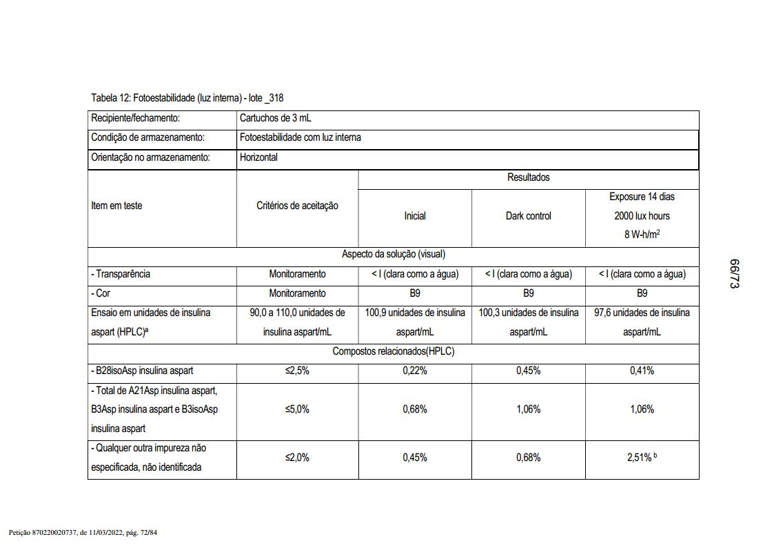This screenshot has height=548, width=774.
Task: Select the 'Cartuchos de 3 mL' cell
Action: pyautogui.click(x=275, y=118)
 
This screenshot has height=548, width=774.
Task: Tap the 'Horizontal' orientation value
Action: pyautogui.click(x=258, y=157)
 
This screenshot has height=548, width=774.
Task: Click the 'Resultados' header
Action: pyautogui.click(x=529, y=177)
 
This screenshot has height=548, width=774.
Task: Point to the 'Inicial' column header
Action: pyautogui.click(x=415, y=216)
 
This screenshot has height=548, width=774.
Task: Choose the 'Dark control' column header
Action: pyautogui.click(x=529, y=216)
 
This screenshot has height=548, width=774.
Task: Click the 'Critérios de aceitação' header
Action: pyautogui.click(x=297, y=206)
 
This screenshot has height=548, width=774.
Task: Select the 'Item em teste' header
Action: pyautogui.click(x=116, y=206)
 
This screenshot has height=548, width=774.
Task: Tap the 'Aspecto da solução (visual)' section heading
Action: pyautogui.click(x=394, y=254)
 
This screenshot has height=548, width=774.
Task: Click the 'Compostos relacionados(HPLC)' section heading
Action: pyautogui.click(x=394, y=351)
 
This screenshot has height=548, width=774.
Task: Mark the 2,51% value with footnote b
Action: pyautogui.click(x=642, y=458)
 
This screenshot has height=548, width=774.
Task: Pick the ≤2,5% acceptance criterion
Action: pyautogui.click(x=297, y=371)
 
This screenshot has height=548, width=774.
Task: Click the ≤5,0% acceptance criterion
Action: pyautogui.click(x=297, y=409)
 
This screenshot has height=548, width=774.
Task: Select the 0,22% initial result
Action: pyautogui.click(x=415, y=371)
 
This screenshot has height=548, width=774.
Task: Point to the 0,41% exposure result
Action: pyautogui.click(x=642, y=371)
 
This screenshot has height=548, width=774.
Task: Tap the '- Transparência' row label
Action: pyautogui.click(x=121, y=274)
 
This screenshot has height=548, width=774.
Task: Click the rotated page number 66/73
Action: pyautogui.click(x=734, y=274)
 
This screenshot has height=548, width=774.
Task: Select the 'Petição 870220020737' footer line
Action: pyautogui.click(x=83, y=533)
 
